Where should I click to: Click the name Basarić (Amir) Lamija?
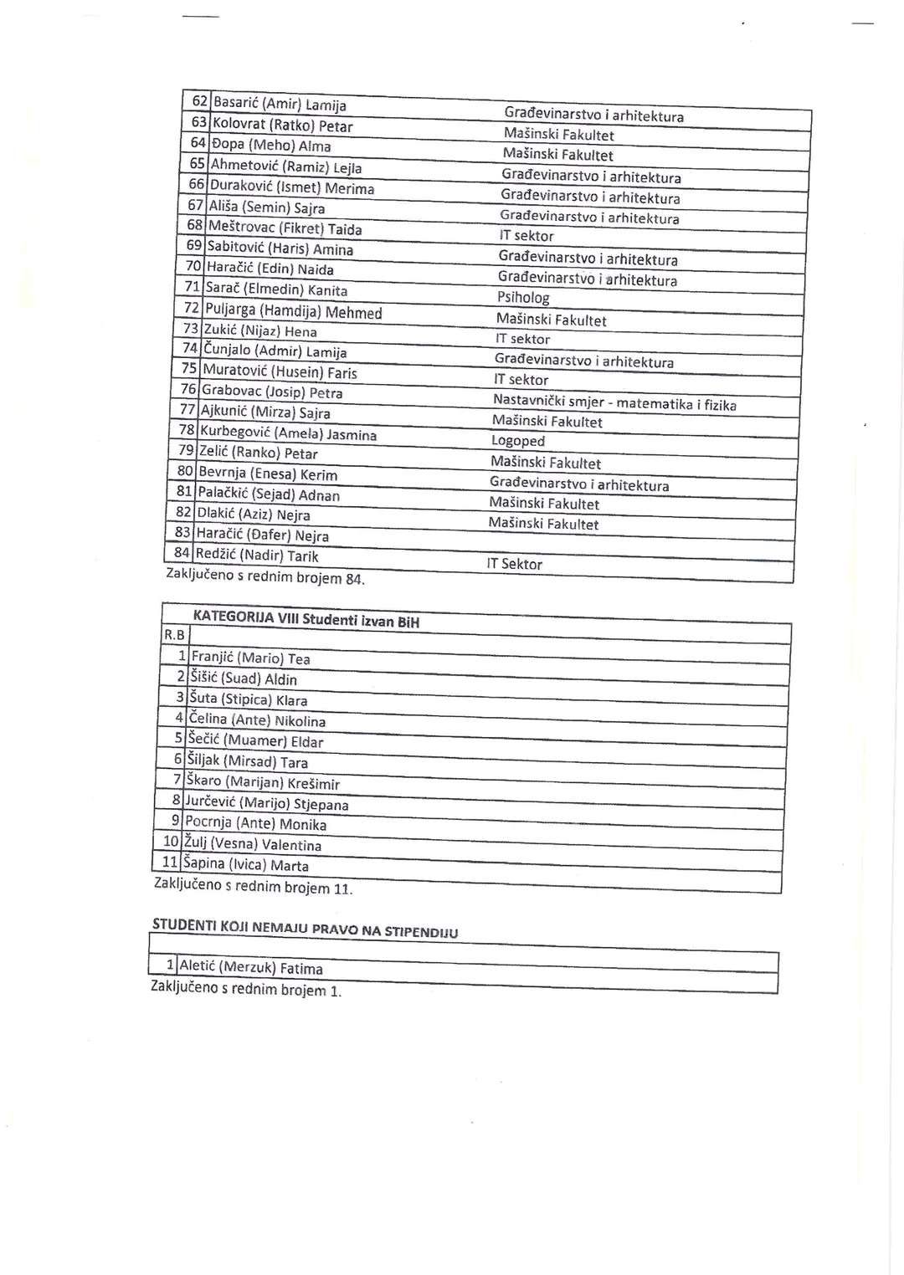[x=280, y=105]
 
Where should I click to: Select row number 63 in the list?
[x=199, y=123]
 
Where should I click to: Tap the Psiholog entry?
[x=523, y=298]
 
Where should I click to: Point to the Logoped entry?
[x=518, y=441]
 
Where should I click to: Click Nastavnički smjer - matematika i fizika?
[x=614, y=402]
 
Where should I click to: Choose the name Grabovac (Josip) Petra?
[x=273, y=392]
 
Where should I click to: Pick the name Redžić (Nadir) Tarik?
[x=257, y=556]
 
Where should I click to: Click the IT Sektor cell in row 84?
[x=514, y=564]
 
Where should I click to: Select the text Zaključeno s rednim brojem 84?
[x=265, y=576]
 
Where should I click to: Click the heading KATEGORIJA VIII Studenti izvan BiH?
[x=306, y=619]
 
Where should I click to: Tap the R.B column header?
[x=174, y=636]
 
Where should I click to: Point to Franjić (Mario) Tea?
[x=251, y=658]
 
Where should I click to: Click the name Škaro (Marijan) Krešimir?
[x=264, y=782]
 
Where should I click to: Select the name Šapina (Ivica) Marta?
[x=246, y=864]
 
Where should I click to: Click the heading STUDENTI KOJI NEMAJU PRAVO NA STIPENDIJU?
[x=305, y=929]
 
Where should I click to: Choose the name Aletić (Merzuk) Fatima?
[x=251, y=968]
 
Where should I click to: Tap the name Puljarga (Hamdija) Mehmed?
[x=294, y=311]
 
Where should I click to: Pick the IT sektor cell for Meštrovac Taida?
[x=526, y=237]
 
